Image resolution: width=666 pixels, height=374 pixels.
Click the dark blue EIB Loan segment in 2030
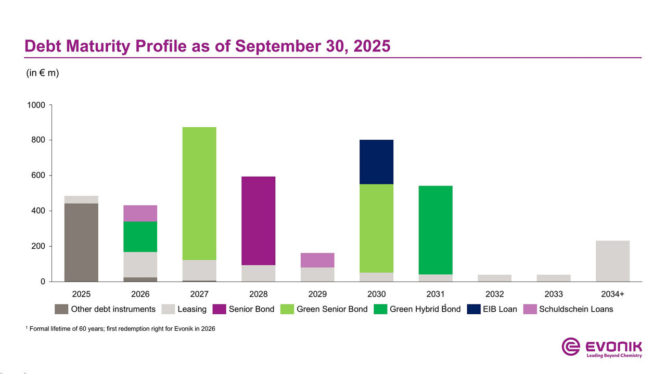(376, 162)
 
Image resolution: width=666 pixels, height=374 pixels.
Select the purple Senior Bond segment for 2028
(258, 221)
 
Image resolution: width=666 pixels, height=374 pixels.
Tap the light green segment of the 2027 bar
(199, 193)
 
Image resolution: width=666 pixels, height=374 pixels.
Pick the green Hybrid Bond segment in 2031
(436, 230)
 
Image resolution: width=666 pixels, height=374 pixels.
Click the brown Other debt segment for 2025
(81, 242)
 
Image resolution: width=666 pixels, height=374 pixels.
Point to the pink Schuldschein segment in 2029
(317, 260)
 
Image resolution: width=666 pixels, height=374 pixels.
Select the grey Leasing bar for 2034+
(612, 261)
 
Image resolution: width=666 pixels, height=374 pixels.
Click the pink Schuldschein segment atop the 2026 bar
(140, 213)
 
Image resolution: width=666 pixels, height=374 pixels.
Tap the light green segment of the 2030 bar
(376, 228)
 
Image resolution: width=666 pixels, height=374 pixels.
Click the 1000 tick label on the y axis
(36, 105)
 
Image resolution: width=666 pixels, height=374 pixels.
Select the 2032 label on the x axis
(494, 294)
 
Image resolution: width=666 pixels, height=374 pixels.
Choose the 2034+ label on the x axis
(612, 294)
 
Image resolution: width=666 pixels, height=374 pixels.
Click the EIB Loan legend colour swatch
(474, 309)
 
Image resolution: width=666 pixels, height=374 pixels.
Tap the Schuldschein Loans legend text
(576, 309)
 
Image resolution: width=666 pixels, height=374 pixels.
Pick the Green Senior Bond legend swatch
(288, 309)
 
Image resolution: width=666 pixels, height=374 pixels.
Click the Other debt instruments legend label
(113, 309)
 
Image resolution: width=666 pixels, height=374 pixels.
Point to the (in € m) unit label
(43, 73)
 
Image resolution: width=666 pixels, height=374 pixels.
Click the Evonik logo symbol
(571, 346)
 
